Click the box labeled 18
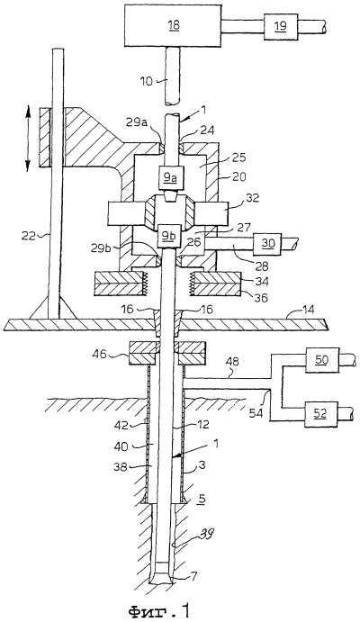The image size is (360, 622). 175,25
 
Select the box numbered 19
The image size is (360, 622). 280,26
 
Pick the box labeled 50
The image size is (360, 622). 321,359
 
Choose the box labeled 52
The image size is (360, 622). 321,414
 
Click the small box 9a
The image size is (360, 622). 170,177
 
